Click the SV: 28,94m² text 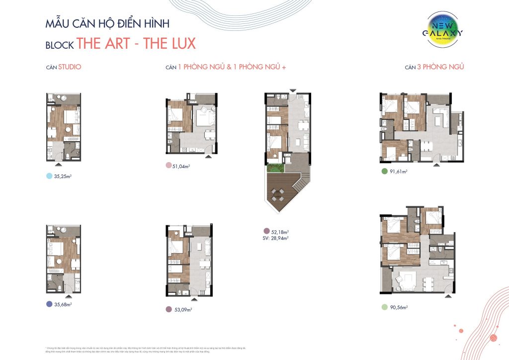tap(276, 238)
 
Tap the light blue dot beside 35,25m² tap(49, 176)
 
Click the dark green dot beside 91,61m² tap(384, 172)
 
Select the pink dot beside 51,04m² tap(169, 166)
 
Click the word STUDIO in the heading tap(70, 67)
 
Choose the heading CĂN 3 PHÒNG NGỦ tap(434, 67)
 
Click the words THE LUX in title tap(169, 43)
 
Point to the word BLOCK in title tap(60, 45)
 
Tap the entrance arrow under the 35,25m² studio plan tap(59, 163)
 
